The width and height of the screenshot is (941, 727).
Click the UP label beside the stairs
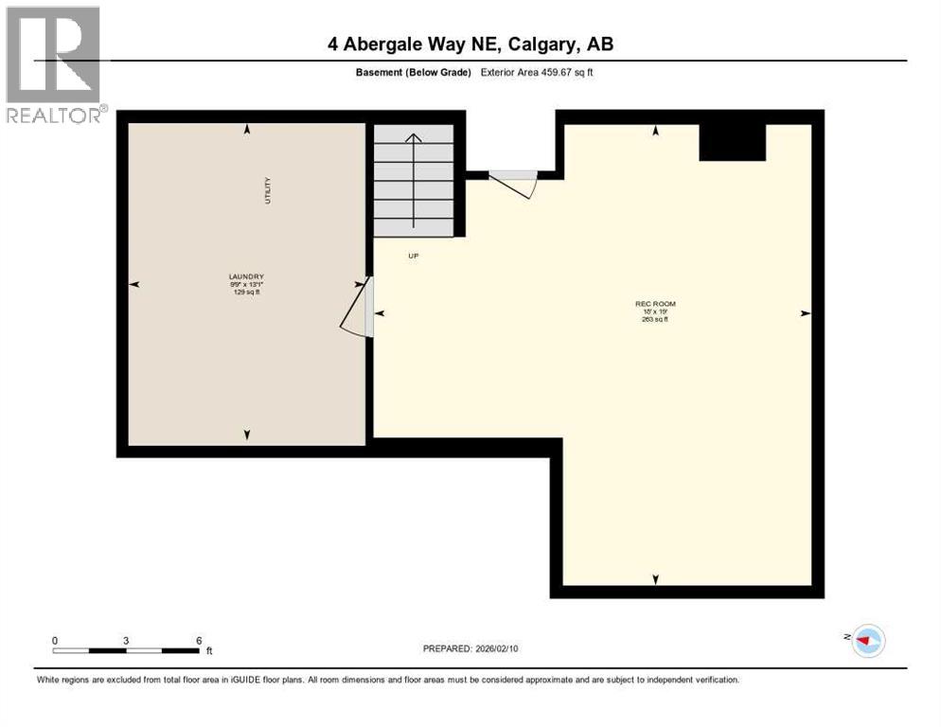413,256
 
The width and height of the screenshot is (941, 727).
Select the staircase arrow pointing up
414,180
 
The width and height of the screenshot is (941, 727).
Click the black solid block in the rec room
732,142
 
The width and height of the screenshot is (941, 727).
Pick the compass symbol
867,641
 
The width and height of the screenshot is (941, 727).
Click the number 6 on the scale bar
199,641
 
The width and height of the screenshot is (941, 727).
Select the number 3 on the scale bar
126,641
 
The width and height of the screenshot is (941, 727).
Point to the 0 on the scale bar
55,641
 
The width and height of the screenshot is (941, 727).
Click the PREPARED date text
470,648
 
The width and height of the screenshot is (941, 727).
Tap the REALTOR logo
54,64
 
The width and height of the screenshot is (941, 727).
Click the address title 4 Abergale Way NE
470,44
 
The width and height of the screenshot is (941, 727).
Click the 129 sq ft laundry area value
246,293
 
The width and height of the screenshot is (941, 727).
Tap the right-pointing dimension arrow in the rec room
806,313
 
